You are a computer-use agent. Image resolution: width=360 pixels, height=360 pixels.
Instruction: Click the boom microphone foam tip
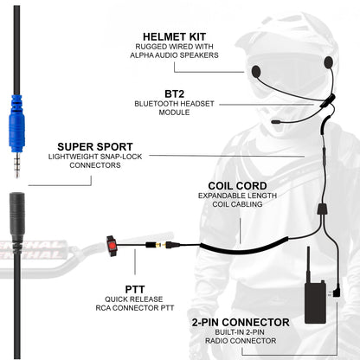tap(276, 124)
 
